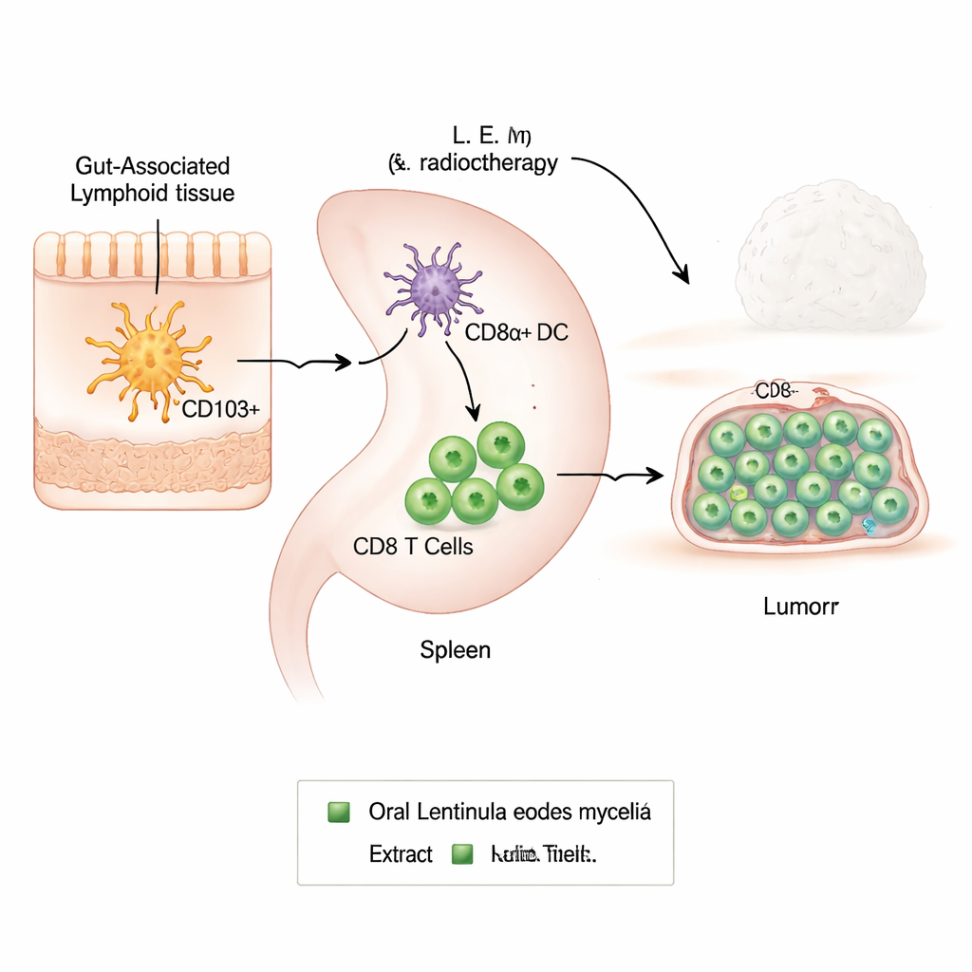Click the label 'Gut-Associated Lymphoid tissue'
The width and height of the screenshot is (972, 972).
pos(153,179)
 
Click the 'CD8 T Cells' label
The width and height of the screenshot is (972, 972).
pos(413,548)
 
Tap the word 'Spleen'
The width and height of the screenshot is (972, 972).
pos(455,650)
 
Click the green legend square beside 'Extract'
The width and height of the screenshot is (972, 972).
pos(462,854)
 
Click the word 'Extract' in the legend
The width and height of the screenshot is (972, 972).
pos(401,854)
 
